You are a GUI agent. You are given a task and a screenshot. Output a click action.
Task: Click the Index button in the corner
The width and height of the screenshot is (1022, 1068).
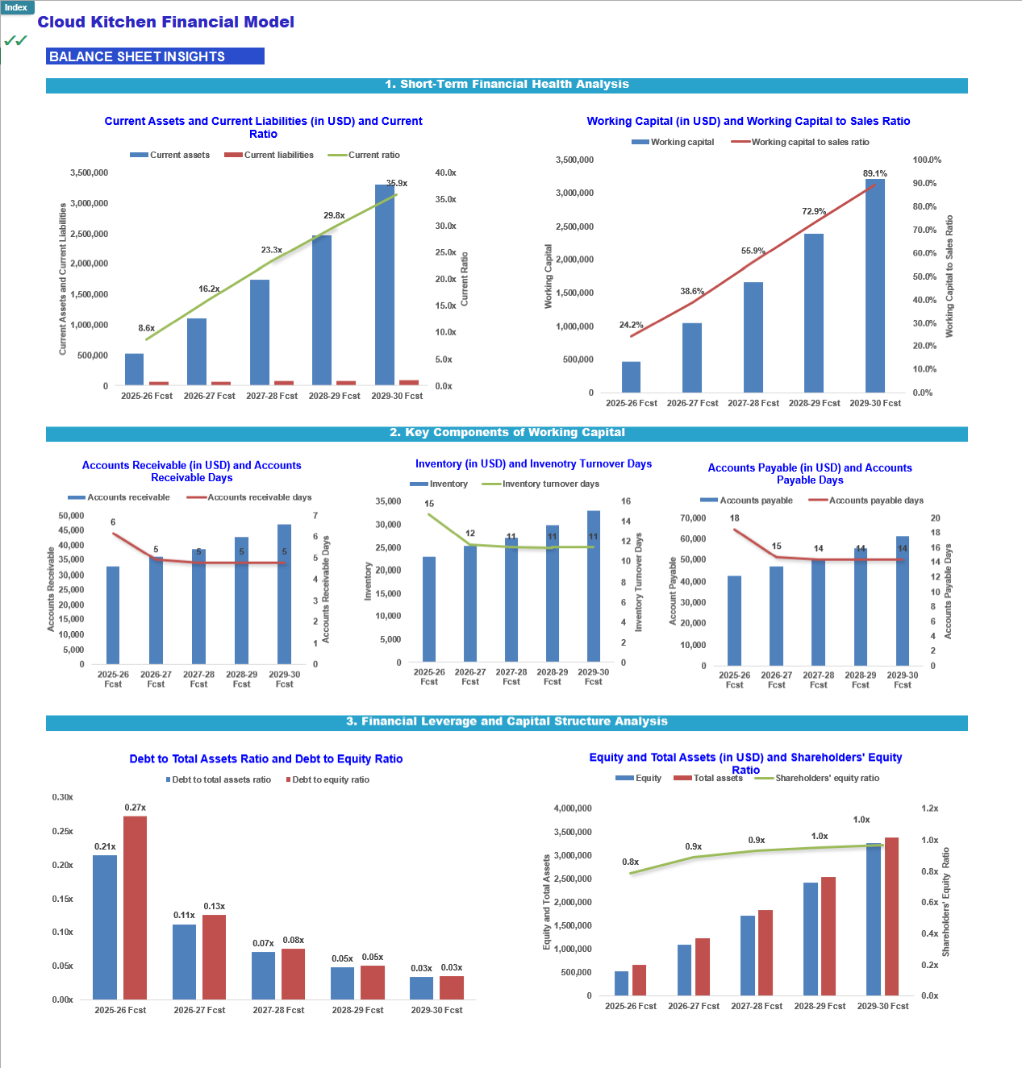tap(16, 7)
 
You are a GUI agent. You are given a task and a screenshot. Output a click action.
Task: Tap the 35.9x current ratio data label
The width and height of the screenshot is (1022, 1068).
tap(397, 183)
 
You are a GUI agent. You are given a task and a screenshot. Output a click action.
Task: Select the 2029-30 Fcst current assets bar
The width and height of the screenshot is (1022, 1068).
tap(385, 285)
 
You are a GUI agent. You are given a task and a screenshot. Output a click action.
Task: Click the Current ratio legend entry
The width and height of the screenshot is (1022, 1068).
tap(364, 155)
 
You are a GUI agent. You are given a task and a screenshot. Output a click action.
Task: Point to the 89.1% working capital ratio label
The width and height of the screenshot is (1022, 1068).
tap(875, 173)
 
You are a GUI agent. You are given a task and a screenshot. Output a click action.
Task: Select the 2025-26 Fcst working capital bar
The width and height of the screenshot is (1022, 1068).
tap(631, 377)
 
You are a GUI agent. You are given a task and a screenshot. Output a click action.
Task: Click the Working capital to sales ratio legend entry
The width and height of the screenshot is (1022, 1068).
tap(800, 142)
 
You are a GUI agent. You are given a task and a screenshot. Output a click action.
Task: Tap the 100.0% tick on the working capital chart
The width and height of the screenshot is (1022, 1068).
tap(927, 160)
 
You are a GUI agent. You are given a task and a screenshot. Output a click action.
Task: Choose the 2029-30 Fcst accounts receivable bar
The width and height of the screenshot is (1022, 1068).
tap(284, 594)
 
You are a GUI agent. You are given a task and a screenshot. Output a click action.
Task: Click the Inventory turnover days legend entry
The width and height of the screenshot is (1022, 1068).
tap(540, 484)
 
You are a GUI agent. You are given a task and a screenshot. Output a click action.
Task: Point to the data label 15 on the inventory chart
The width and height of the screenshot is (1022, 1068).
tap(429, 503)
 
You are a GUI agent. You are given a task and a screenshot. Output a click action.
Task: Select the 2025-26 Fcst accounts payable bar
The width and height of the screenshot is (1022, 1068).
tap(734, 621)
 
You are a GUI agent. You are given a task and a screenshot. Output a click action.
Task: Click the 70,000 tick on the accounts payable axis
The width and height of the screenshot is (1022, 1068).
tap(693, 518)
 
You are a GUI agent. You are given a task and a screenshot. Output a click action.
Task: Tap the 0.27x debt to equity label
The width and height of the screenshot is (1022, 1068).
tap(135, 808)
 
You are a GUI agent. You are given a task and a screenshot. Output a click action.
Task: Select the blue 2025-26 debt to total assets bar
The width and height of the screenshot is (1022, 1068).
tap(105, 927)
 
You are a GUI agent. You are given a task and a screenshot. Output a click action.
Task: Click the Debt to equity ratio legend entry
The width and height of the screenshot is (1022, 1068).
tap(327, 779)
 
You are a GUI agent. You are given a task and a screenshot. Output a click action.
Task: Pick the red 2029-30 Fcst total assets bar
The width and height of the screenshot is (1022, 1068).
tap(891, 916)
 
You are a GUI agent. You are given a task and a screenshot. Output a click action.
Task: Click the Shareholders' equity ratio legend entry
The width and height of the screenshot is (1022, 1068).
tap(817, 778)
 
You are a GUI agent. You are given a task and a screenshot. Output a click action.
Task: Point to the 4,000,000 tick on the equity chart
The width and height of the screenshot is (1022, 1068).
tap(573, 808)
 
